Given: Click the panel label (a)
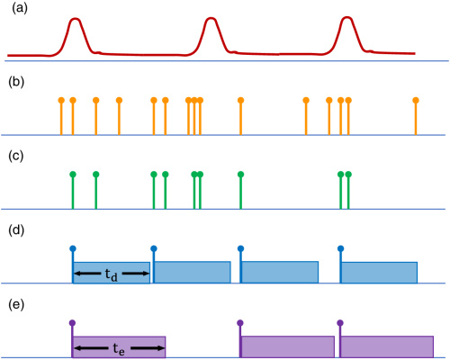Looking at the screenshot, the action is point(20,8).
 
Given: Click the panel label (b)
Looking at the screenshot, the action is point(16,82).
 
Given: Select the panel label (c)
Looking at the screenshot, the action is point(16,157).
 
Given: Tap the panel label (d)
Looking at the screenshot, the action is point(16,230).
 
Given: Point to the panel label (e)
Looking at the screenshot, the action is point(16,305).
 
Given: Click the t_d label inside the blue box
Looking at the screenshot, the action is point(112,274).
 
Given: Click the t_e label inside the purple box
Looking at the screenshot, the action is point(119,349).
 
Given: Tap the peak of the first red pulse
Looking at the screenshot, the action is point(75,19).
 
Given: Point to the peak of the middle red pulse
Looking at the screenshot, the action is point(211,19).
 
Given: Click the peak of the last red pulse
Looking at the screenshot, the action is point(347,17).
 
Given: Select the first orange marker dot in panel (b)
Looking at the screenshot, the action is point(61,100).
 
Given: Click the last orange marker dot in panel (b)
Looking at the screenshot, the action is point(416,100).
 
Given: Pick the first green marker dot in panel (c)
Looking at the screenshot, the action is point(73,175).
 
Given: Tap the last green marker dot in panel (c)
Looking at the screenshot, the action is point(348,175).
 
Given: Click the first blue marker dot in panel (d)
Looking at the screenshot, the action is point(73,248).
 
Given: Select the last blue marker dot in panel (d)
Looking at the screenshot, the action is point(340,248).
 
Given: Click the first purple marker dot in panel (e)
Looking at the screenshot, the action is point(72,323).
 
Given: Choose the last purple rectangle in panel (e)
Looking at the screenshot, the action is point(387,346).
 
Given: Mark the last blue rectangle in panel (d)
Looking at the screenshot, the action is point(380,273).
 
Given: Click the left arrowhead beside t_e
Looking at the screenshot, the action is point(77,348).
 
